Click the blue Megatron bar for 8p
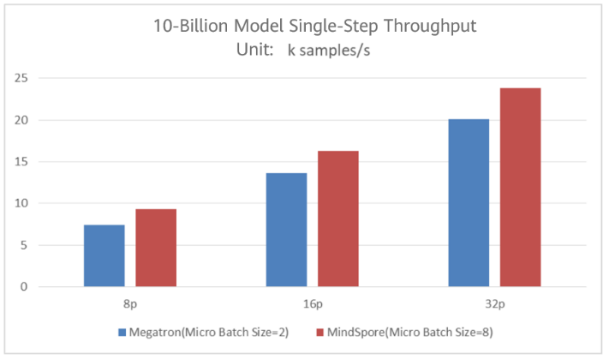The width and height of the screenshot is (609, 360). coord(104,255)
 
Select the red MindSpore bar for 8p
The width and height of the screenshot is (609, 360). coord(156,248)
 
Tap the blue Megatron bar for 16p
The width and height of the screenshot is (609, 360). coord(287,230)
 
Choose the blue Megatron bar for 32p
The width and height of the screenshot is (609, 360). coord(469,202)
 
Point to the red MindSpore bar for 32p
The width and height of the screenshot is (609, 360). coord(521,187)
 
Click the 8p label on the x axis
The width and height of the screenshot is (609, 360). coord(130,304)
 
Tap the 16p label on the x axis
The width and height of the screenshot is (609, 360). coord(313,304)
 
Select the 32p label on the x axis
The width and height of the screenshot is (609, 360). coord(494,304)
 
